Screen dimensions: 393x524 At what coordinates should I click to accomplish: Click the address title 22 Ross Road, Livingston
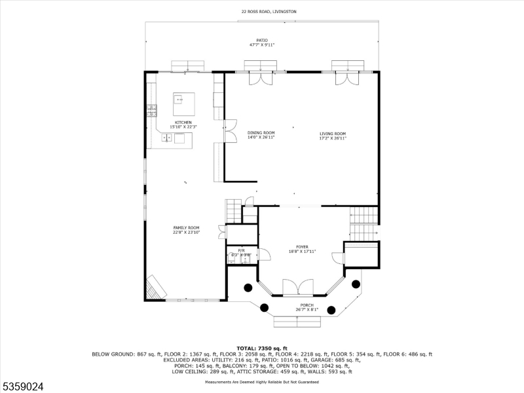[x=262, y=12]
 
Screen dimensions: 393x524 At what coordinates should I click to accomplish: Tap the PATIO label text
[x=262, y=40]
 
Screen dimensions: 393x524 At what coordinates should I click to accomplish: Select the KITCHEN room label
[x=183, y=122]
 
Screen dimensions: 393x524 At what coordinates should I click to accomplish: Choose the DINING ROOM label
[x=261, y=133]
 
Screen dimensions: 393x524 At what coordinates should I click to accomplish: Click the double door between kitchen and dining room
[x=230, y=130]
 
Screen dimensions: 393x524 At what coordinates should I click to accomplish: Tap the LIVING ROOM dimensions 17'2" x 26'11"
[x=332, y=138]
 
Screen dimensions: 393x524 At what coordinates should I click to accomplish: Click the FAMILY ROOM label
[x=186, y=227]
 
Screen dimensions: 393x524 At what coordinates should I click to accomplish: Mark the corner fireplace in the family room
[x=155, y=287]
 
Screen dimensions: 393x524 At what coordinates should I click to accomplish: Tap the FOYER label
[x=302, y=247]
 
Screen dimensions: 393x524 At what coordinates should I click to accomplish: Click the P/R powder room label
[x=241, y=250]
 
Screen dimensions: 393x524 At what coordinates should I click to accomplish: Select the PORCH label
[x=307, y=305]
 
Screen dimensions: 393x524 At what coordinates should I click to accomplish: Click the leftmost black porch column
[x=248, y=287]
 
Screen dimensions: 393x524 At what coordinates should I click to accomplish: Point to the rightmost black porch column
[x=356, y=284]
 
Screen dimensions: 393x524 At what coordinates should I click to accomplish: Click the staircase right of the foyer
[x=364, y=223]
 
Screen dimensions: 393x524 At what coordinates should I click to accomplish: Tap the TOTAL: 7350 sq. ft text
[x=262, y=348]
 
